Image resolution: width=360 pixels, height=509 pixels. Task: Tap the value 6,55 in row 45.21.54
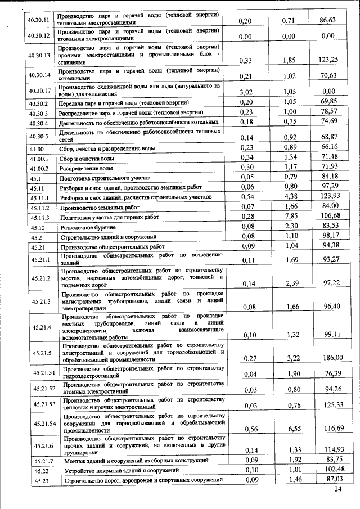point(289,429)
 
